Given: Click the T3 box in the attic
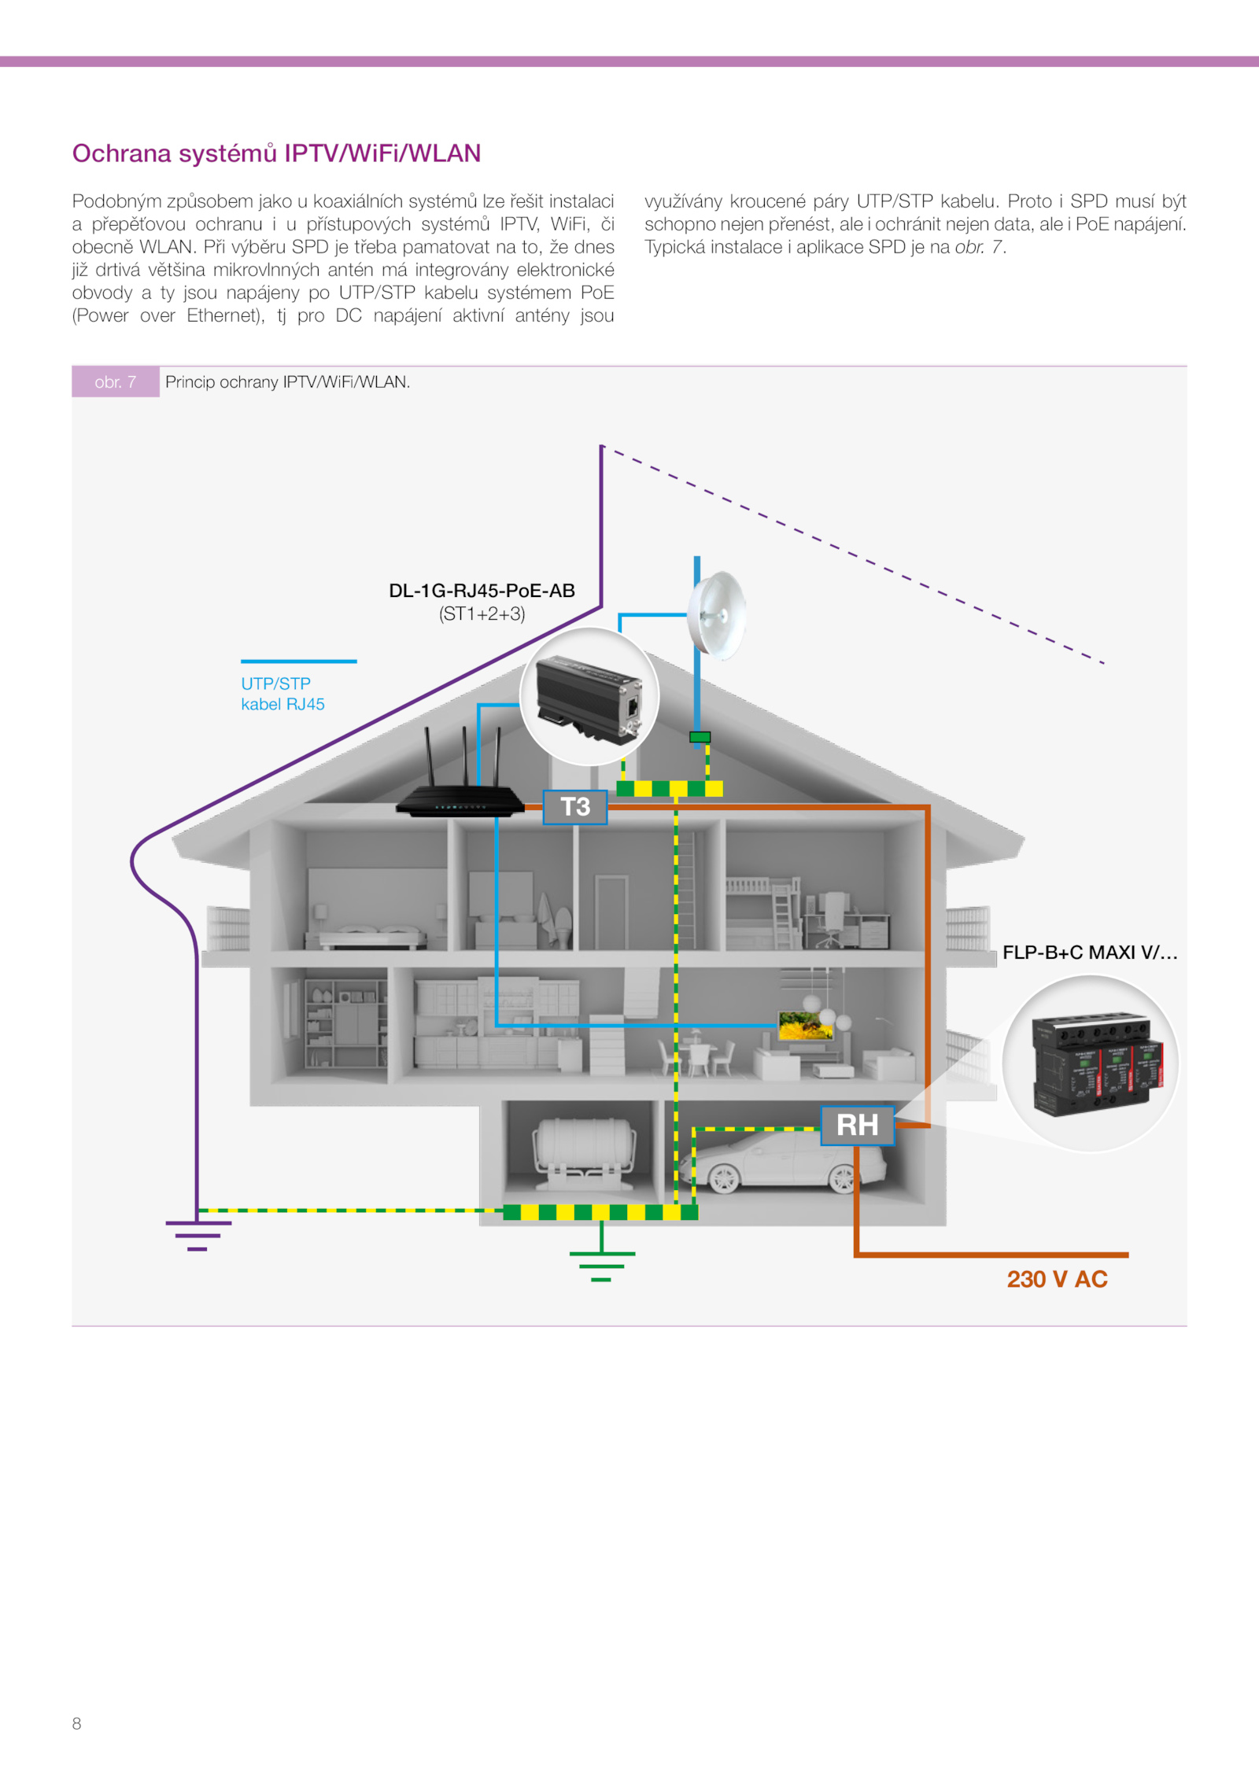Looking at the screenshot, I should [x=575, y=807].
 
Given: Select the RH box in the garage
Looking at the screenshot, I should [x=857, y=1125].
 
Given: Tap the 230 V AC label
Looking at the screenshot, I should [x=1057, y=1279].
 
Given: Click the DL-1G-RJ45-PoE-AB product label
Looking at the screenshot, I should [x=482, y=591].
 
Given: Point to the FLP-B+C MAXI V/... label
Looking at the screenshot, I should [x=1089, y=953].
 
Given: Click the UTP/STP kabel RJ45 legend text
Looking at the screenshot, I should [x=282, y=694].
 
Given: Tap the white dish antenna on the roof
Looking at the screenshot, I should [x=717, y=614].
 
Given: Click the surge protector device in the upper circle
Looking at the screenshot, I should [x=589, y=698].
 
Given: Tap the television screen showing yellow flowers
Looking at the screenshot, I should [x=804, y=1026].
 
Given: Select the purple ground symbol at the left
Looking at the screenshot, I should [x=198, y=1234].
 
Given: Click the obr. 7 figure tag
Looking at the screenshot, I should [x=116, y=382].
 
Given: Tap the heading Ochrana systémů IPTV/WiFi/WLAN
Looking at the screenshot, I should [x=276, y=153].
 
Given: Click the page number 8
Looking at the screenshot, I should [x=76, y=1723].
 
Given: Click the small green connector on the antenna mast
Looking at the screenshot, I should [x=700, y=737].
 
